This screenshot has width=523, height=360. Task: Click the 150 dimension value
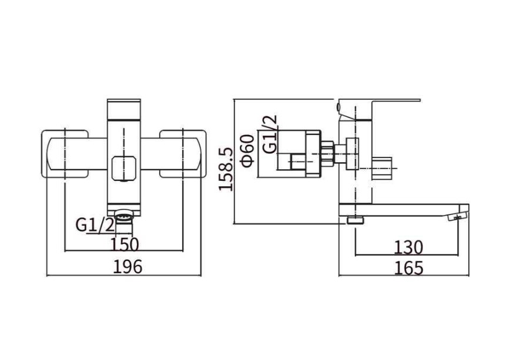[x=125, y=244]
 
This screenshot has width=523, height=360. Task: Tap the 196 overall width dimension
[x=128, y=266]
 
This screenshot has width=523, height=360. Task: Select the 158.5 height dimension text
[x=226, y=170]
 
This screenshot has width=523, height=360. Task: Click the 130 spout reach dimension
[x=408, y=247]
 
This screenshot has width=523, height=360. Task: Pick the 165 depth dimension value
[x=408, y=268]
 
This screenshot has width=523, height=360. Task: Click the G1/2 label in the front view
[x=95, y=225]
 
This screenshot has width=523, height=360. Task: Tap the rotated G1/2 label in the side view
[x=270, y=134]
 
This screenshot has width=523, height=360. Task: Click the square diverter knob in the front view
[x=124, y=169]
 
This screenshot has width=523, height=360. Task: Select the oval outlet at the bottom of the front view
[x=124, y=217]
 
